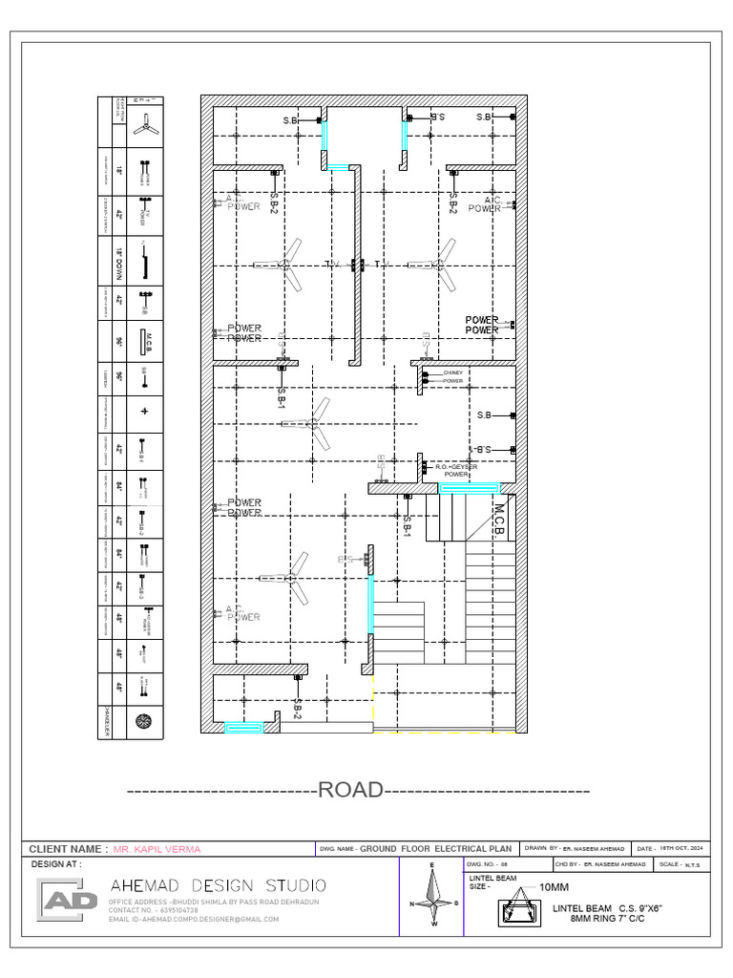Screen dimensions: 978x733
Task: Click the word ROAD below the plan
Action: point(350,790)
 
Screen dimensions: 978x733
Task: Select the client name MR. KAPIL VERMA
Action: point(157,848)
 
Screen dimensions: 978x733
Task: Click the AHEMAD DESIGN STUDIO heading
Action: point(218,884)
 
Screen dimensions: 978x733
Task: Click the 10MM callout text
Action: point(554,887)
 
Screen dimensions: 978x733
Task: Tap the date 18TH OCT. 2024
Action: point(683,848)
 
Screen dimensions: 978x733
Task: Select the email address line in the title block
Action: point(194,919)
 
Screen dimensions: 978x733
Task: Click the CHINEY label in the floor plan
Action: point(452,372)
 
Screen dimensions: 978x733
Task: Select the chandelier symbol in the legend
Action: point(144,721)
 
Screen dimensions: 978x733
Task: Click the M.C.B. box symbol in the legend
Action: point(144,342)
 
